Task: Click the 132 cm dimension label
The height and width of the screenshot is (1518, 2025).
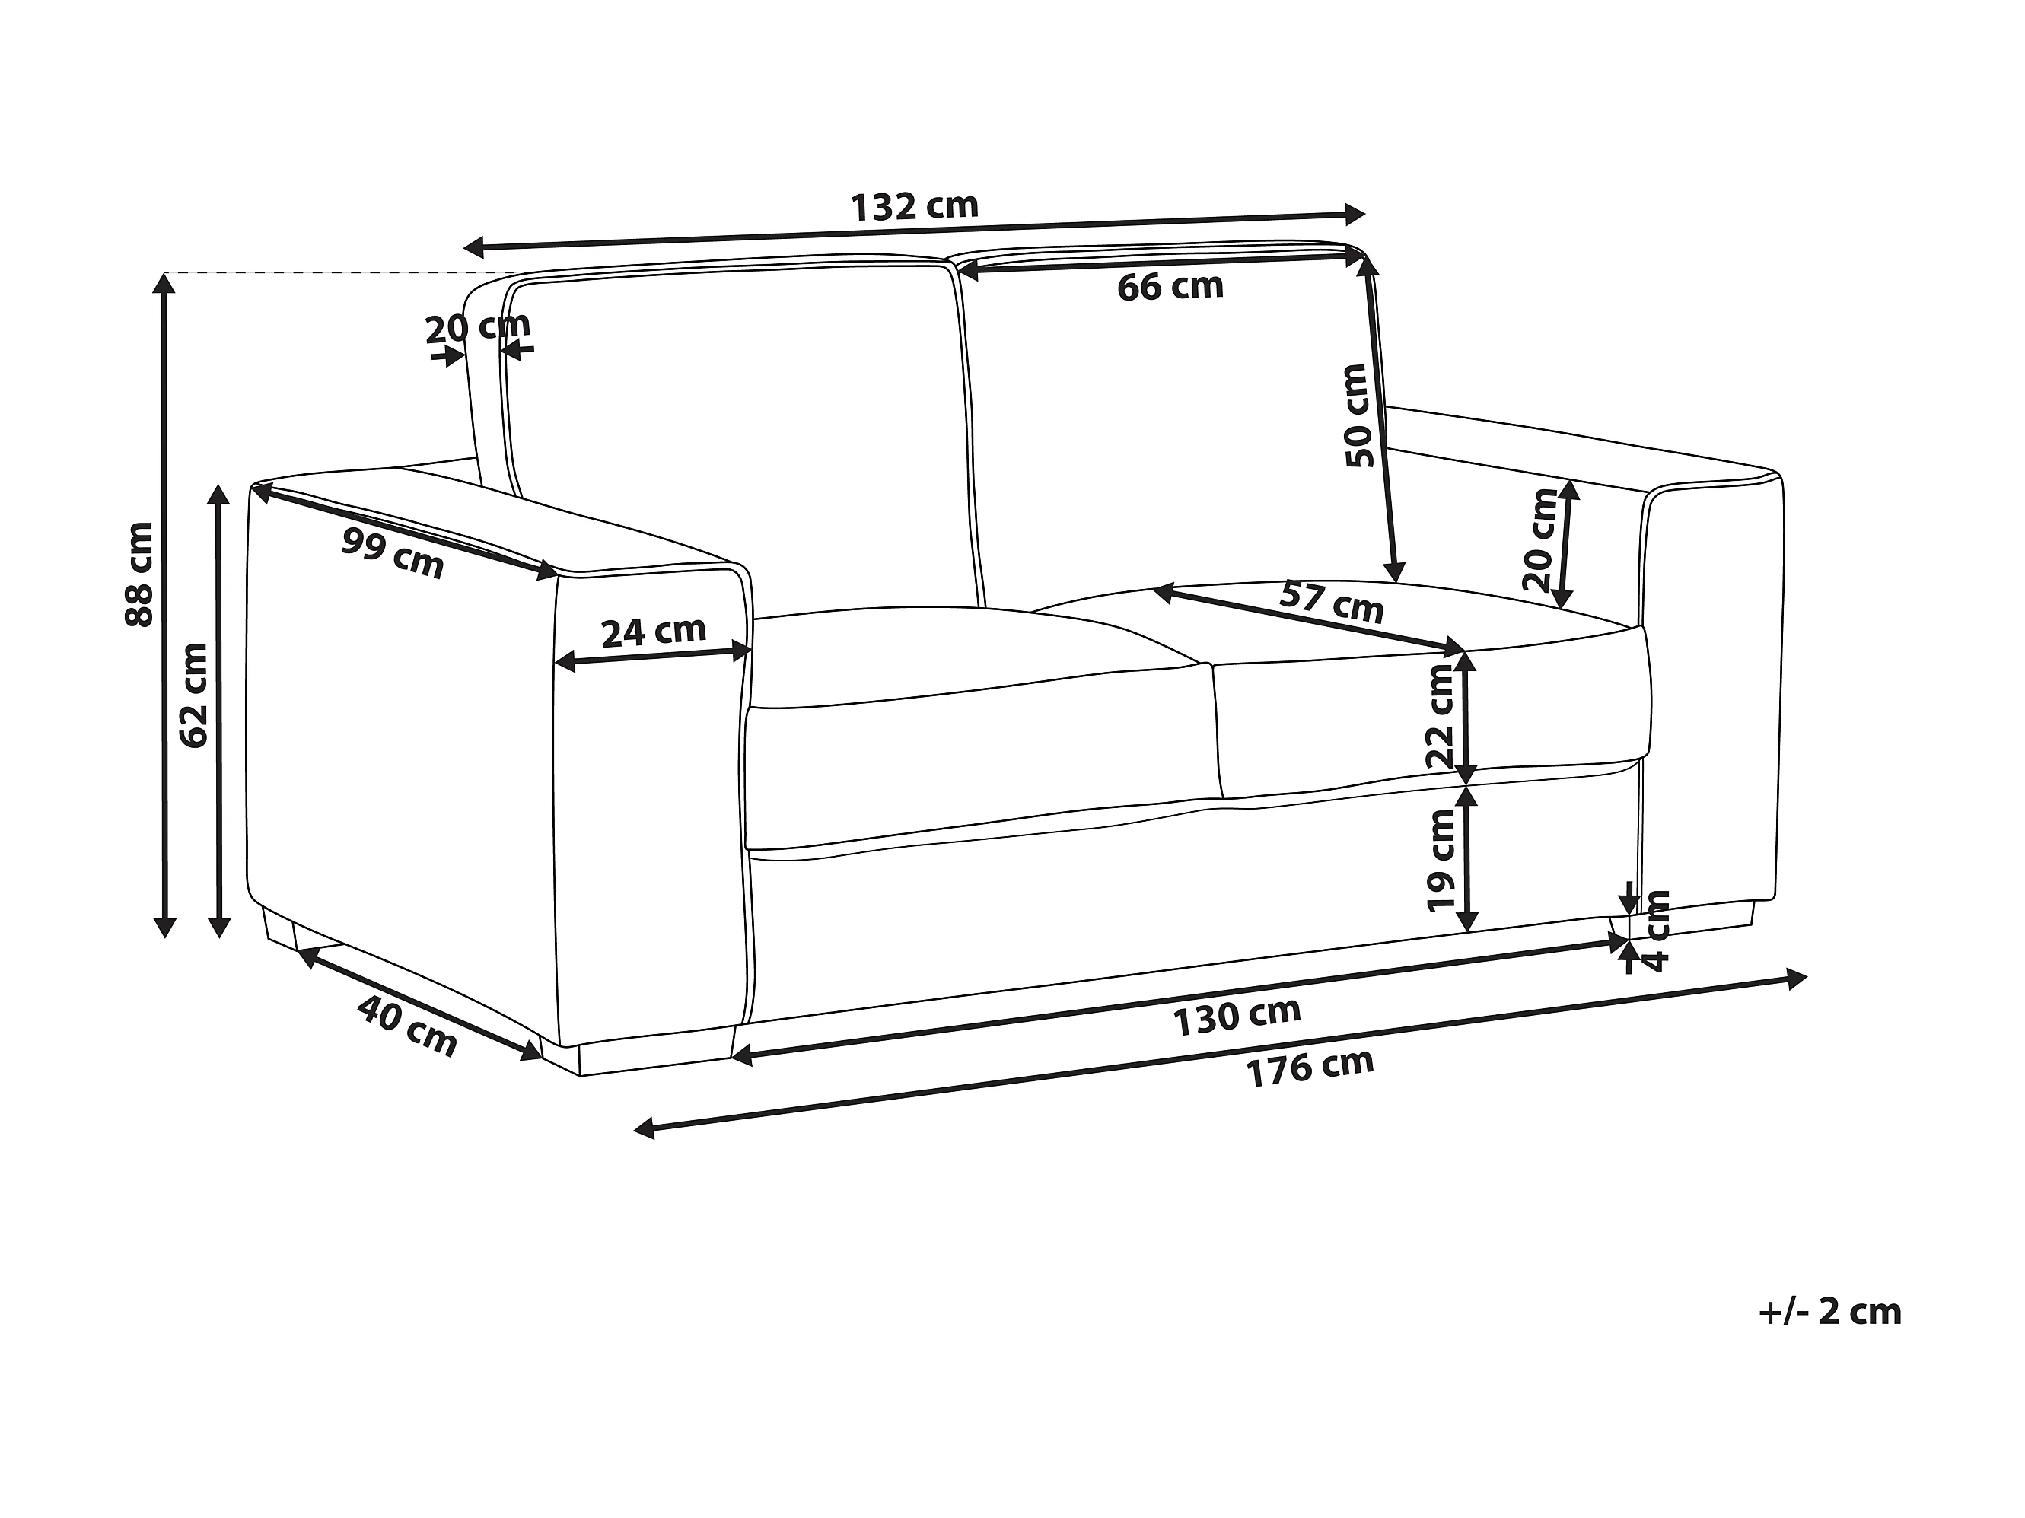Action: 915,206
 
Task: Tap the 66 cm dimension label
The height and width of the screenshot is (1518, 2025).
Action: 1170,287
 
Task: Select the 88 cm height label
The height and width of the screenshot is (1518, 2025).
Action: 139,574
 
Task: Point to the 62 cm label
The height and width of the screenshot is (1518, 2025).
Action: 194,695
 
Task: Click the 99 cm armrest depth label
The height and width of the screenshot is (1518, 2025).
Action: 393,554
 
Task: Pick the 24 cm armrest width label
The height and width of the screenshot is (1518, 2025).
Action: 654,631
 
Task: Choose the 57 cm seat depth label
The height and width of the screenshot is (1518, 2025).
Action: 1331,602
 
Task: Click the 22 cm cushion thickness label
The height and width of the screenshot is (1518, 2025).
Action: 1440,717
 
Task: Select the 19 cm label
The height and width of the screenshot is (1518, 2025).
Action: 1441,860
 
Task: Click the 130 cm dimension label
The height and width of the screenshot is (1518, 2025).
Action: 1237,1017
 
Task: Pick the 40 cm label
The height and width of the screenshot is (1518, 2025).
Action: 406,1026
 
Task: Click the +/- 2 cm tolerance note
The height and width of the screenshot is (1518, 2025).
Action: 1829,1312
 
